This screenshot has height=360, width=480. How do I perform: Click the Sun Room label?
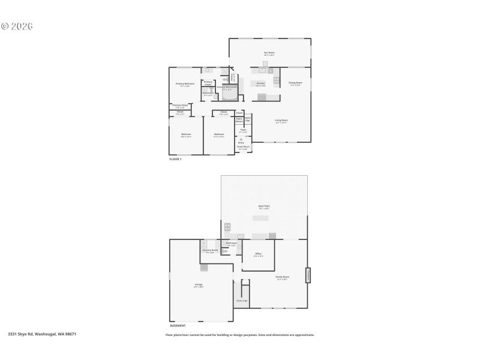(269, 53)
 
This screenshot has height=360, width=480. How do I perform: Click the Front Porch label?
(243, 146)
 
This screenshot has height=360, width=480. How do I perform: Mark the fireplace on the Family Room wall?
(308, 275)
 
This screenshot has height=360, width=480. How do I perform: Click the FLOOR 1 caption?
(175, 159)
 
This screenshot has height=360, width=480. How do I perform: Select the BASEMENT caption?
(178, 326)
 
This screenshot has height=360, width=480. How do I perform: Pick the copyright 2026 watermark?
(16, 26)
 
